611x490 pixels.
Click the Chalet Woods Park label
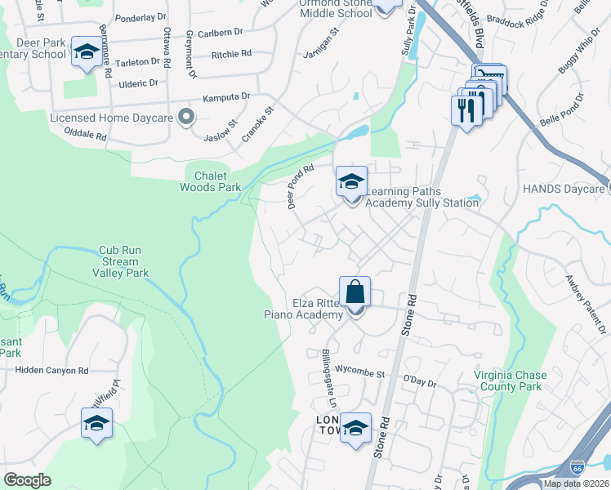pyautogui.click(x=211, y=180)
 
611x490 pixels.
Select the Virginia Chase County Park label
pyautogui.click(x=507, y=381)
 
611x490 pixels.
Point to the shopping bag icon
pyautogui.click(x=355, y=291)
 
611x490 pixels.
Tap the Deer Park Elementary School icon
pyautogui.click(x=85, y=51)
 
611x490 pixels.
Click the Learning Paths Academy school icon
pyautogui.click(x=351, y=181)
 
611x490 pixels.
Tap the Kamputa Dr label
pyautogui.click(x=226, y=96)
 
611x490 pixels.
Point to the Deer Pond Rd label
pyautogui.click(x=301, y=187)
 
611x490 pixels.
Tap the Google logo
pyautogui.click(x=27, y=480)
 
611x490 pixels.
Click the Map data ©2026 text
pyautogui.click(x=576, y=483)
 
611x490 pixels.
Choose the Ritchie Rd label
pyautogui.click(x=231, y=54)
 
